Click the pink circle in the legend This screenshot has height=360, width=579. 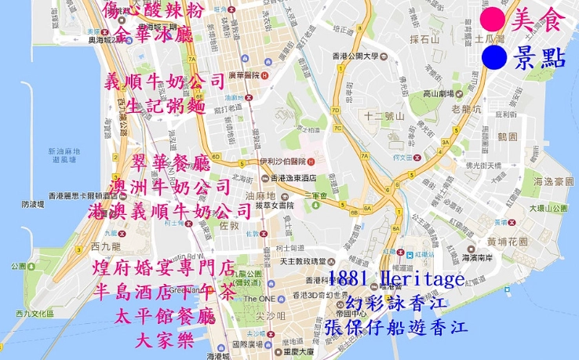494,19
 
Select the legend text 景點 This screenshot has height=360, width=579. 539,57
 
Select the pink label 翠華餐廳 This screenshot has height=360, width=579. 171,164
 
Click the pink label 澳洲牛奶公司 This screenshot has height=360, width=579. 172,187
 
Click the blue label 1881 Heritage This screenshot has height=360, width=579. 396,279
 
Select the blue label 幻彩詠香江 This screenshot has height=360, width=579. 397,303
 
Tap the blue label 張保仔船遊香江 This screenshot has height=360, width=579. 396,325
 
